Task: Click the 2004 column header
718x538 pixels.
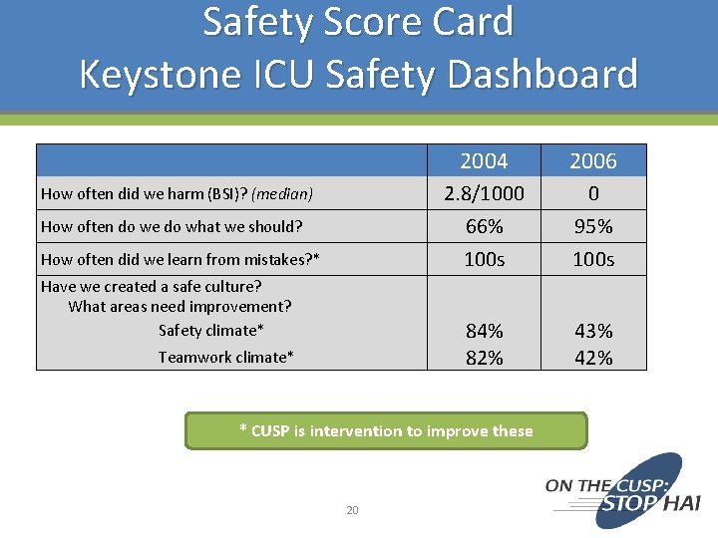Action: click(x=484, y=161)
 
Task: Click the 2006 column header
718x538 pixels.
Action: click(x=593, y=161)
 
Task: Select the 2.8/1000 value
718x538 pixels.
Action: click(x=484, y=193)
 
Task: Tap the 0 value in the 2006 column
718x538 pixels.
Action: click(x=593, y=193)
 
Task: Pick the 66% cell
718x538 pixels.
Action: click(x=484, y=227)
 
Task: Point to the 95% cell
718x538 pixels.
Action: click(x=593, y=227)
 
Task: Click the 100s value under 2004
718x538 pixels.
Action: click(x=484, y=260)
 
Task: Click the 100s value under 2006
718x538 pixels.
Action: click(x=593, y=260)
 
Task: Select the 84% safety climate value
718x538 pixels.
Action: click(x=484, y=331)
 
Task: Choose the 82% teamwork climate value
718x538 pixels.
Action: click(x=484, y=358)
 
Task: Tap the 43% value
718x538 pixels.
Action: click(x=593, y=331)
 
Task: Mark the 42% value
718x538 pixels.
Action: click(x=593, y=358)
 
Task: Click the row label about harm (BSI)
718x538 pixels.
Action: click(x=177, y=193)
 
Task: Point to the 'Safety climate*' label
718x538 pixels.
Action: click(x=211, y=330)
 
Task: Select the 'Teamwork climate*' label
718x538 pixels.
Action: click(x=225, y=357)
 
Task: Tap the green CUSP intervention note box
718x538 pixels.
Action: click(x=386, y=431)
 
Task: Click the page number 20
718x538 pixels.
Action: click(x=352, y=511)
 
